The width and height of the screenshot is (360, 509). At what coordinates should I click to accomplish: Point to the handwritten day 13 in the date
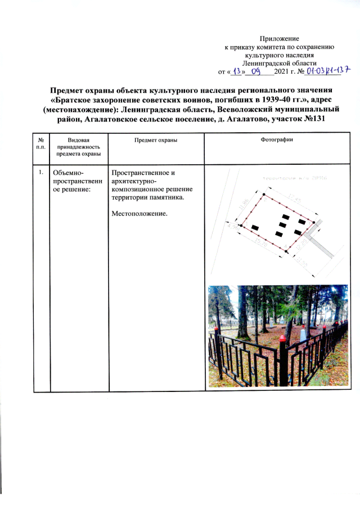[x=238, y=71]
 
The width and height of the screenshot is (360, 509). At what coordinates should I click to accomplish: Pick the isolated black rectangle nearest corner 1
[x=255, y=227]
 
